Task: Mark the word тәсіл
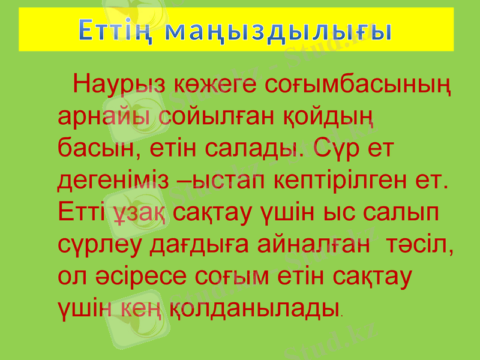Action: (x=419, y=243)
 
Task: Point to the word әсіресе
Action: (x=140, y=275)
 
